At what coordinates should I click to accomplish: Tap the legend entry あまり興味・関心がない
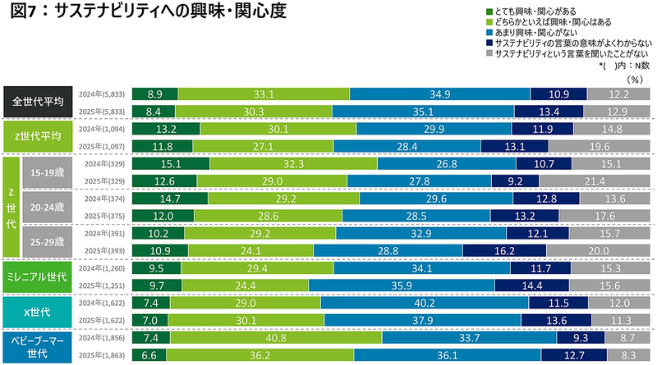[534, 32]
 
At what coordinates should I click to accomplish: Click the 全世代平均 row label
[38, 103]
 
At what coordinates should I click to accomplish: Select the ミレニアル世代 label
[38, 275]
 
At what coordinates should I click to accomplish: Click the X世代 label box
[38, 309]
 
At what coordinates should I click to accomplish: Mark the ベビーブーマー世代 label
[38, 344]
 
